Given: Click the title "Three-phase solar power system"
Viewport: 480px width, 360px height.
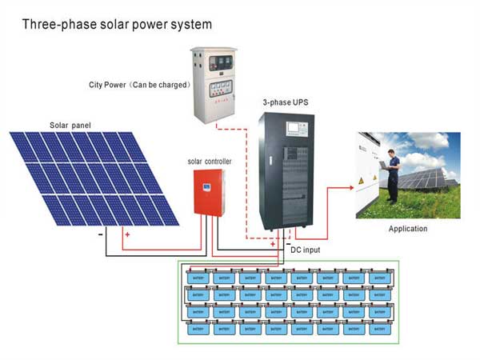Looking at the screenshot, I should [117, 24].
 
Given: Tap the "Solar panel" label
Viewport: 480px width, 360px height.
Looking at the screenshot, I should [72, 125].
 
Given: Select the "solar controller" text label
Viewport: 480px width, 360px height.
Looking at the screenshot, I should [210, 162].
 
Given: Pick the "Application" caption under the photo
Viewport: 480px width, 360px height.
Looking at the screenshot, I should [407, 229].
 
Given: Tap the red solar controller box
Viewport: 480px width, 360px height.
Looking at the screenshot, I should [210, 191].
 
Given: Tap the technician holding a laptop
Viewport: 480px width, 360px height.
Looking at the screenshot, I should [392, 176].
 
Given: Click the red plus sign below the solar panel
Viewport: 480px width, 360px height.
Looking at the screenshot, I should [126, 235].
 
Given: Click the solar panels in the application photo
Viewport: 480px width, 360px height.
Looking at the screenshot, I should [428, 178].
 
